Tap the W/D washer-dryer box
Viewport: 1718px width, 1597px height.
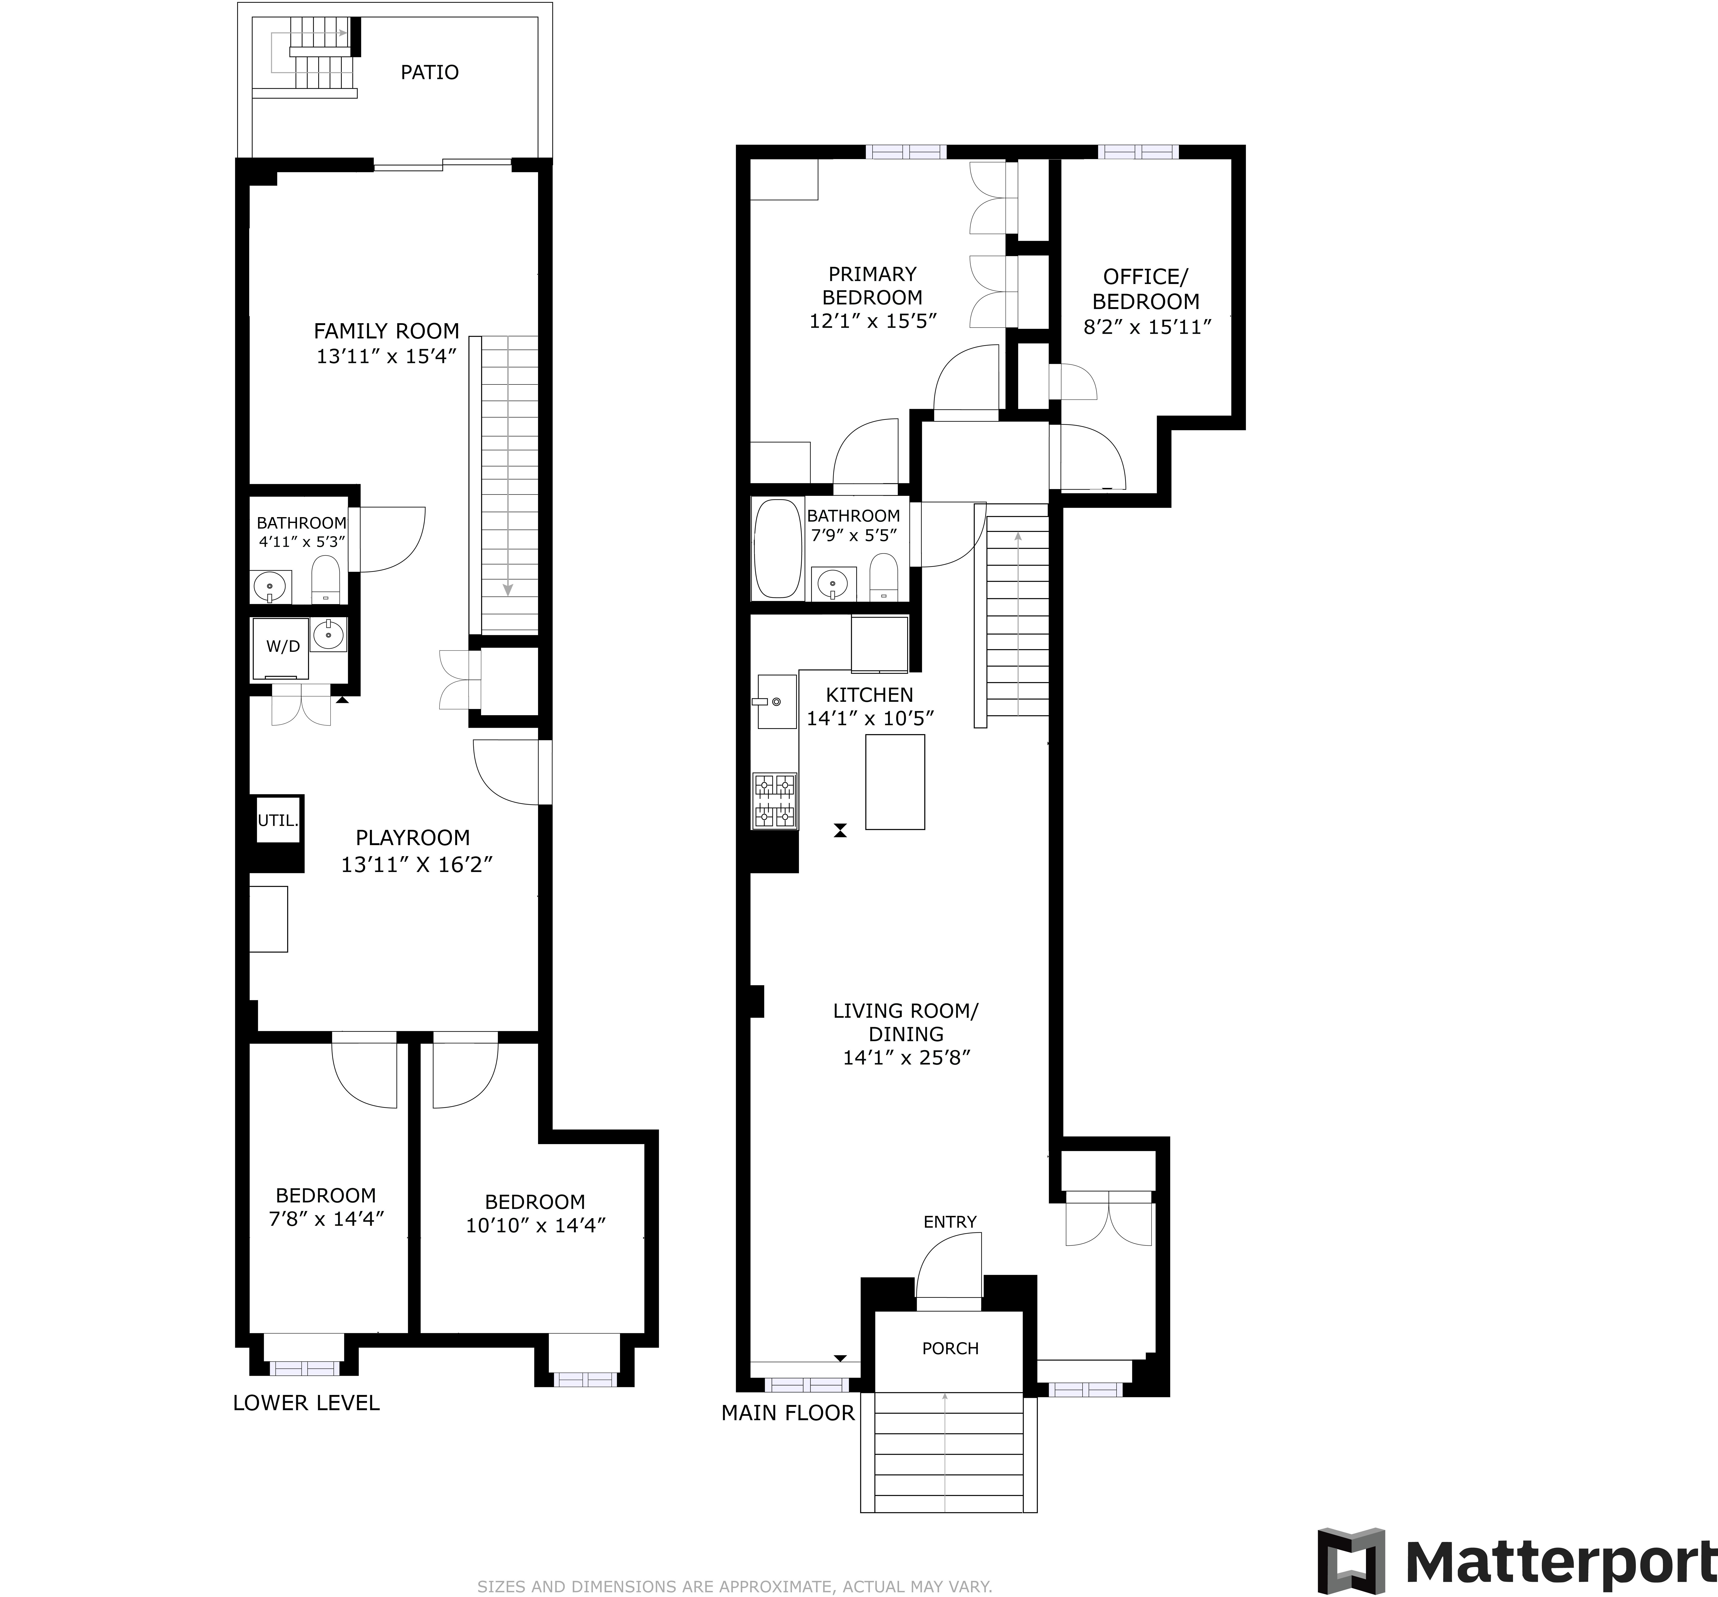[x=282, y=647]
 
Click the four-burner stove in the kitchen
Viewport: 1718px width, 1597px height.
[x=774, y=800]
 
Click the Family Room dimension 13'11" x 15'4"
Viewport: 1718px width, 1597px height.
[x=385, y=356]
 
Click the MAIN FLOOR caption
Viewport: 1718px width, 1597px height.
[x=787, y=1413]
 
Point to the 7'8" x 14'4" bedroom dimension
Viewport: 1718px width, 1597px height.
[x=326, y=1219]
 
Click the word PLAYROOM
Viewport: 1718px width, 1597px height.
[x=412, y=837]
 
